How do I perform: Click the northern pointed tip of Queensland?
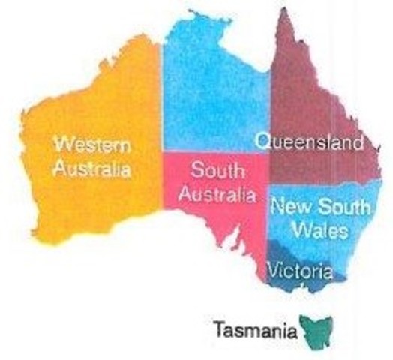pos(286,13)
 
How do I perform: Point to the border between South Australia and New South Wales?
pos(267,217)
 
